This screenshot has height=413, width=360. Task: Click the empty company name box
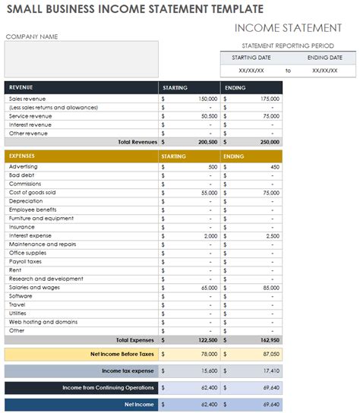pos(81,58)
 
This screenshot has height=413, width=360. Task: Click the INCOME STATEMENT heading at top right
pos(288,28)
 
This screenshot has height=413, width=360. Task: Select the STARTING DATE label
pos(251,58)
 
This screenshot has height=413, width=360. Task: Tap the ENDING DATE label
pos(325,58)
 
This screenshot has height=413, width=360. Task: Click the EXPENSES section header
pos(24,156)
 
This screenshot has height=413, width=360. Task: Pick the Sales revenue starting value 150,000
pos(207,99)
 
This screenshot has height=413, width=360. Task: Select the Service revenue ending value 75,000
pos(270,116)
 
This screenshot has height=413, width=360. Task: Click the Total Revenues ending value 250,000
pos(269,142)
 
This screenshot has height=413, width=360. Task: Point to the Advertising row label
pos(24,166)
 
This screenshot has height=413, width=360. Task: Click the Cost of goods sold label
pos(31,193)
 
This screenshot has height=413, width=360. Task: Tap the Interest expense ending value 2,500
pos(272,236)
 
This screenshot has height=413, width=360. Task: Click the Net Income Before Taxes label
pos(122,354)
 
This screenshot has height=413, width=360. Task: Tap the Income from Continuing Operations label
pos(108,387)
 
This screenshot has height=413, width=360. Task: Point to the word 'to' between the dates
pos(288,70)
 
